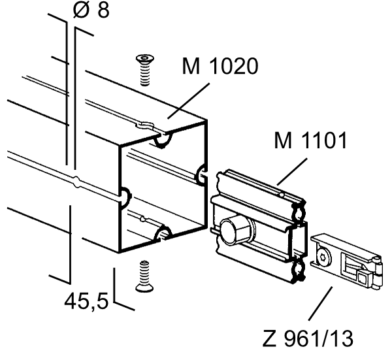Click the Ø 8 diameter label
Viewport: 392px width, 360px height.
tap(91, 10)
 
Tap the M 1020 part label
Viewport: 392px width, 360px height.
tap(220, 66)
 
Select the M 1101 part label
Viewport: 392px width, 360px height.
tap(310, 140)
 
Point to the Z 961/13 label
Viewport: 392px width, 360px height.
tap(308, 338)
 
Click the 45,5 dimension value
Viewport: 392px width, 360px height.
tap(86, 301)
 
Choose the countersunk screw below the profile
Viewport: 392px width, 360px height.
tap(144, 276)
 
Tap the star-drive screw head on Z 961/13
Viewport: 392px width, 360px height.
tap(323, 256)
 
